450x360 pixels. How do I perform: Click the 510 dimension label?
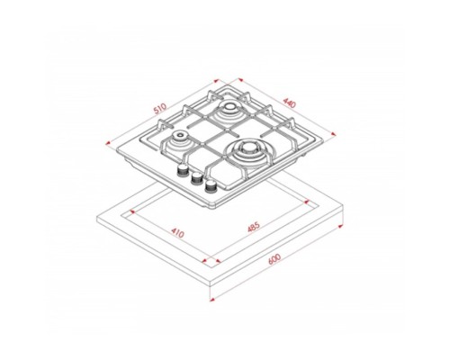(x=160, y=109)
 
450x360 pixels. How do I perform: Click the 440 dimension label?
(x=290, y=103)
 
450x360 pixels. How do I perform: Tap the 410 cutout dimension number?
(x=177, y=232)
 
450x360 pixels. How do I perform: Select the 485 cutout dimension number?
(x=254, y=227)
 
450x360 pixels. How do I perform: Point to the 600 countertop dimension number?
(x=274, y=259)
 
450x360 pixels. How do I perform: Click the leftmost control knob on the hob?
(x=182, y=171)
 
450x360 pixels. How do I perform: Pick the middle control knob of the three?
(x=196, y=178)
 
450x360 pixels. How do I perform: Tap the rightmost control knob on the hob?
(x=211, y=185)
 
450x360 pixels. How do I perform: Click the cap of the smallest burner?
(x=180, y=135)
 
